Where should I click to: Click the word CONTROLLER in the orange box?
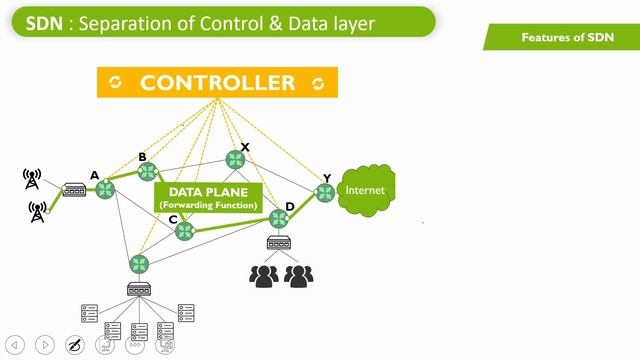(x=217, y=83)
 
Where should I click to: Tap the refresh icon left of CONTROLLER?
(x=116, y=83)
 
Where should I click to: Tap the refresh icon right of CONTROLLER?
(x=319, y=83)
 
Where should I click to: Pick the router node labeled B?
(x=148, y=171)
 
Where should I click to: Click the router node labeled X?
(x=235, y=159)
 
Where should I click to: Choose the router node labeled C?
(x=184, y=231)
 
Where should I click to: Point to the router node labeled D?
(x=279, y=218)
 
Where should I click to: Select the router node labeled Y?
(x=325, y=193)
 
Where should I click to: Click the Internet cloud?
(x=364, y=191)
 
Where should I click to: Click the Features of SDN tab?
(x=566, y=37)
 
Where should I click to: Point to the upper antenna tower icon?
(x=32, y=179)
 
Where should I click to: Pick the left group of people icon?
(x=263, y=275)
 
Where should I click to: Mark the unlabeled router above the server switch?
(x=138, y=264)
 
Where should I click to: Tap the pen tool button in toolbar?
(x=74, y=345)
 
